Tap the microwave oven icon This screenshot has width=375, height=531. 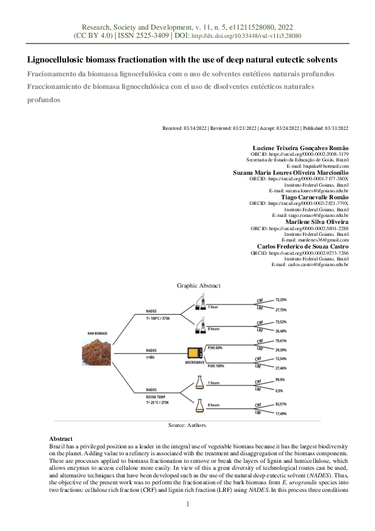pos(193,353)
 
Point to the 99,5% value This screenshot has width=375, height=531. pos(280,380)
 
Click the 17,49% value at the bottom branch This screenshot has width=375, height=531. pos(282,414)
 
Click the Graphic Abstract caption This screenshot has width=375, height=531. pos(198,286)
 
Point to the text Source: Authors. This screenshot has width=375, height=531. pos(187,426)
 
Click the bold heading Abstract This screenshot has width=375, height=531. pos(61,438)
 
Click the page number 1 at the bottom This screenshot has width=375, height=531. pos(187,503)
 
